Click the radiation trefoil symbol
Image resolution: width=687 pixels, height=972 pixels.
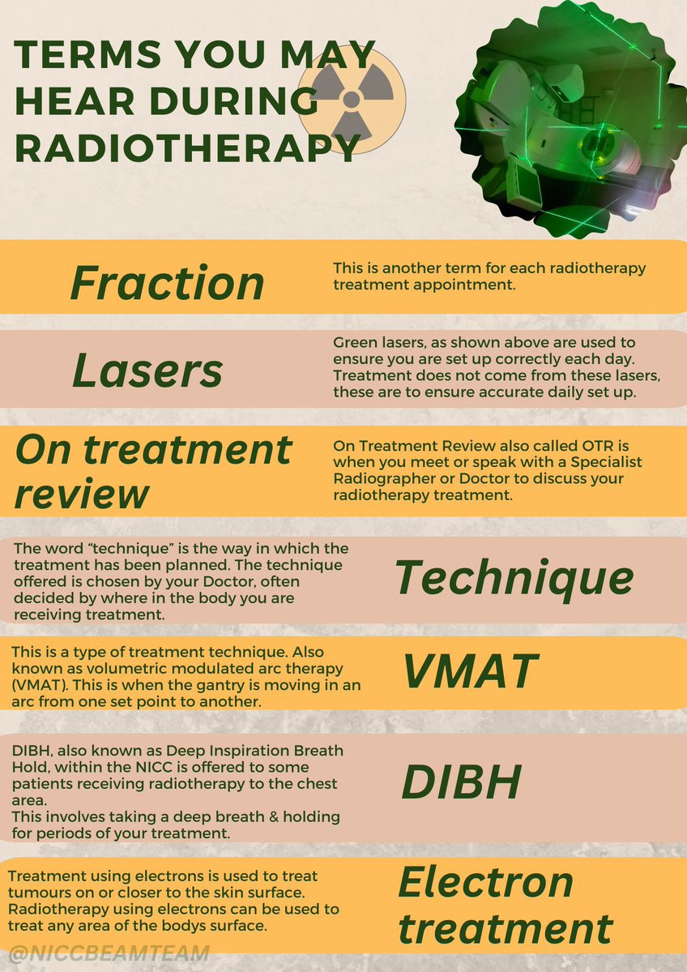point(352,100)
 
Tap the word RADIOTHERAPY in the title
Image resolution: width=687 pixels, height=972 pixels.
point(187,148)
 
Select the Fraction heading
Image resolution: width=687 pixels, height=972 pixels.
point(167,283)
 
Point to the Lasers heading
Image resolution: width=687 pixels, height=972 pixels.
point(147,371)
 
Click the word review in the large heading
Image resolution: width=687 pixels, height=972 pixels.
point(82,494)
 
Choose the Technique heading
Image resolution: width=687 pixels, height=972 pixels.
point(514,578)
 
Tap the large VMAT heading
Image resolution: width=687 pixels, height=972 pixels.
point(471,672)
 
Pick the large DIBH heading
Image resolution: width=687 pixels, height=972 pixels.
point(462,781)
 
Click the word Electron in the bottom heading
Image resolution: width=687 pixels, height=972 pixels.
point(485,882)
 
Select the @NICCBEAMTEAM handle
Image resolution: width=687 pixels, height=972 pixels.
point(109,953)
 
